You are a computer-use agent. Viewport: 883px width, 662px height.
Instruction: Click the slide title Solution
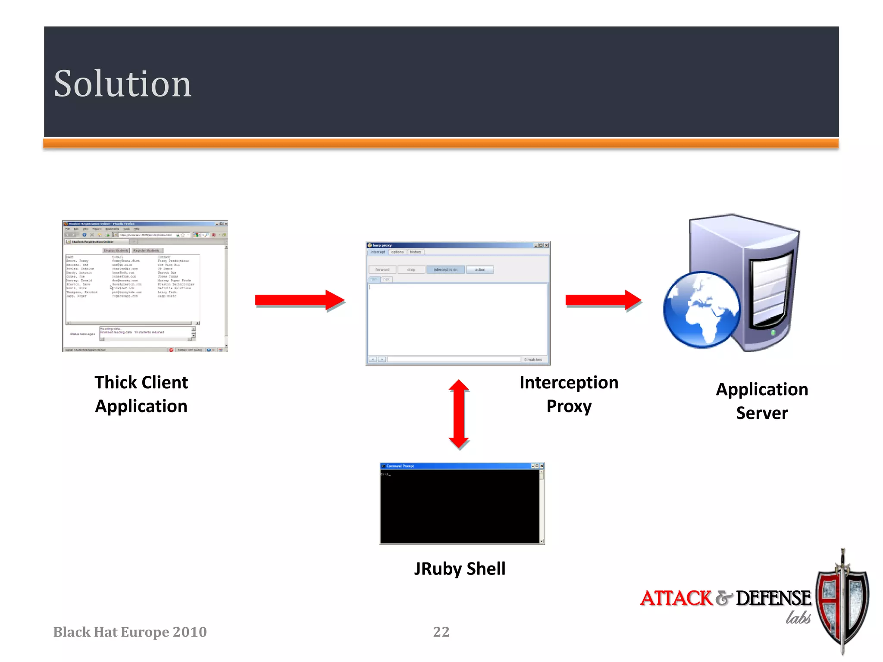122,84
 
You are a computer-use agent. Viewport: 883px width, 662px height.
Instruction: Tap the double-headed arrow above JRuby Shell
459,414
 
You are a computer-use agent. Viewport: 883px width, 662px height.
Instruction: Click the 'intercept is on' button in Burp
445,270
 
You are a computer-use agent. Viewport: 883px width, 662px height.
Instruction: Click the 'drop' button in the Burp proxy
411,270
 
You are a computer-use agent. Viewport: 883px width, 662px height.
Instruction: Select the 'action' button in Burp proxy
480,270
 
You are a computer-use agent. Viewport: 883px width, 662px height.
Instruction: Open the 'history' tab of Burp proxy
416,252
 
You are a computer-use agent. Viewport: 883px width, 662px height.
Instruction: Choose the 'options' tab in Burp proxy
398,252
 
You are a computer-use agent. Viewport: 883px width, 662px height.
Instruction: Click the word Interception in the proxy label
569,383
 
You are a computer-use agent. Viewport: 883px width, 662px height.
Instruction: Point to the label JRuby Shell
460,569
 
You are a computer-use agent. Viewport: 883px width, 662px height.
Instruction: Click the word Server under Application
762,413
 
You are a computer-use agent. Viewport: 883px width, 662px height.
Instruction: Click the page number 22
441,632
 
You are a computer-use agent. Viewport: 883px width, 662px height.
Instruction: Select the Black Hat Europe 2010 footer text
130,632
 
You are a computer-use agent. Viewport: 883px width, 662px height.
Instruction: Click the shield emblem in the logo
842,603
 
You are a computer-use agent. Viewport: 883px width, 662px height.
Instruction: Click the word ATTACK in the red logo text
676,598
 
